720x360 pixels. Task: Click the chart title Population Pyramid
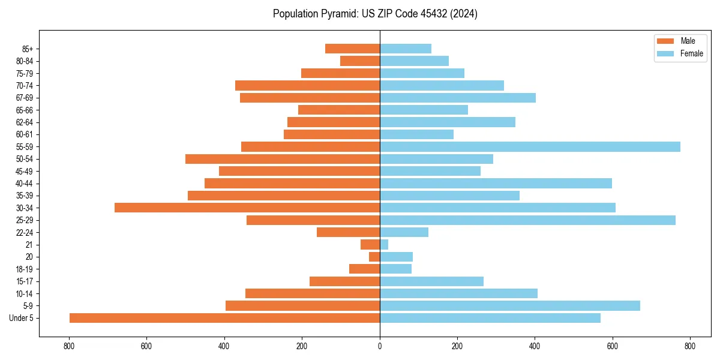(375, 14)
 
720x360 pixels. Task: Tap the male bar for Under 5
(224, 318)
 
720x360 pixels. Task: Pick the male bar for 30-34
(247, 208)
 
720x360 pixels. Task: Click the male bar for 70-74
(307, 85)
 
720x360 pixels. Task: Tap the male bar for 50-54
(283, 159)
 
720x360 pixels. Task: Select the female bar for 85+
(406, 49)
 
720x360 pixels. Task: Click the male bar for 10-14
(313, 293)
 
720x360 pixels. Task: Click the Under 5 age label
(22, 318)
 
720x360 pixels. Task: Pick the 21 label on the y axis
(29, 245)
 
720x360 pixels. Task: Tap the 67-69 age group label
(25, 98)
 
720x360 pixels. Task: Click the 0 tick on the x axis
(380, 346)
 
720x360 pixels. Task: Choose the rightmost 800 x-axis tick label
(690, 346)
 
